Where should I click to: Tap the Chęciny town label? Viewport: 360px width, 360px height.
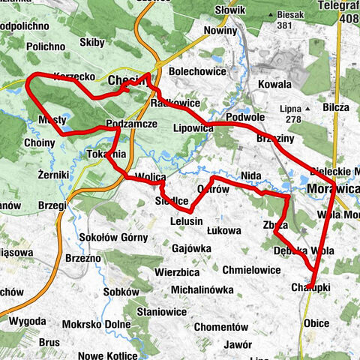pyautogui.click(x=129, y=79)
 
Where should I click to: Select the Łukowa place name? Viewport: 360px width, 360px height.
pyautogui.click(x=223, y=231)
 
